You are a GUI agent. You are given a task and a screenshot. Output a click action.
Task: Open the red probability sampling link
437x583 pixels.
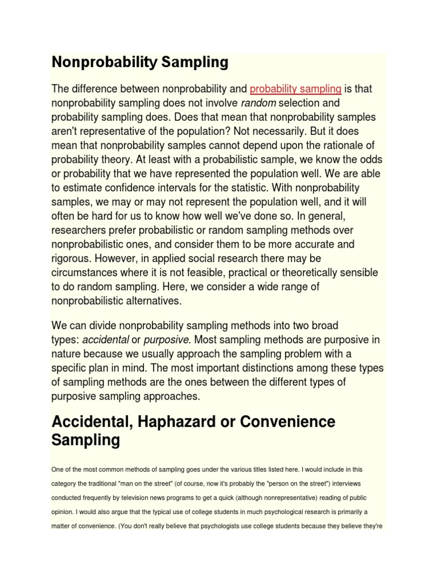[x=295, y=89]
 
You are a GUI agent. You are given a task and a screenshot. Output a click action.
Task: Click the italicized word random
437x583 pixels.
[x=259, y=103]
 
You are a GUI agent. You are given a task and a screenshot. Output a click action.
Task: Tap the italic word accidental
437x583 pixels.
[x=105, y=340]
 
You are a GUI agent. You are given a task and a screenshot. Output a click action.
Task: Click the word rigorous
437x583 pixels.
[x=70, y=259]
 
